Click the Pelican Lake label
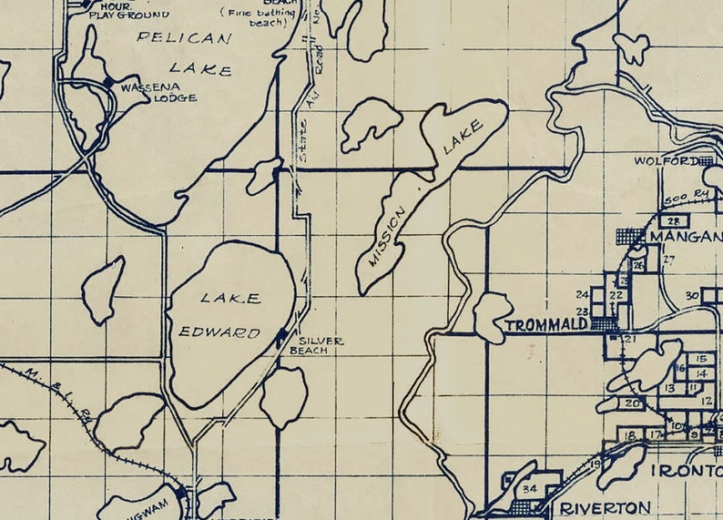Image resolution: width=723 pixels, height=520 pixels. (x=184, y=53)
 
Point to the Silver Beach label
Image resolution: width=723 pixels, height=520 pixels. (x=316, y=345)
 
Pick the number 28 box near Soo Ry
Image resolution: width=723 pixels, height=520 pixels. (x=673, y=221)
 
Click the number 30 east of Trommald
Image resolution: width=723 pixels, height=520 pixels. (x=692, y=295)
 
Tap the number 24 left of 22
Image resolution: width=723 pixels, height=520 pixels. (x=583, y=294)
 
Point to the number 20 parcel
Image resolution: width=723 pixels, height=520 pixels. (x=632, y=403)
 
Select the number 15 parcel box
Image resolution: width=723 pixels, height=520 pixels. (x=701, y=359)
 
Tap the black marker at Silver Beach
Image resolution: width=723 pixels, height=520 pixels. (x=281, y=337)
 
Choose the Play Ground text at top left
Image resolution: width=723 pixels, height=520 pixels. (x=140, y=15)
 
